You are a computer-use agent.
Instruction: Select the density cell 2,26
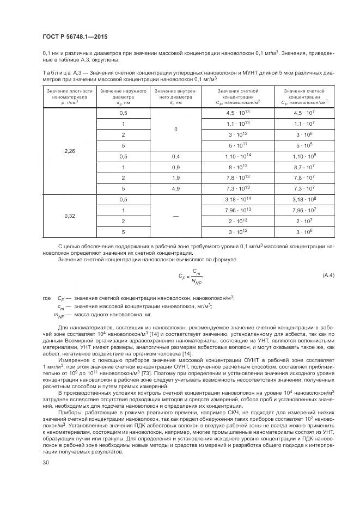[x=70, y=150]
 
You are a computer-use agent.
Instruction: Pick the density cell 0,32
[x=70, y=216]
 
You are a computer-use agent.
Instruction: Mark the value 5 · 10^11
[x=237, y=145]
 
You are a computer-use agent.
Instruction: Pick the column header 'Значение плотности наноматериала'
[x=70, y=96]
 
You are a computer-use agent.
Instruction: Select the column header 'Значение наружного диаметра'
[x=123, y=96]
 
